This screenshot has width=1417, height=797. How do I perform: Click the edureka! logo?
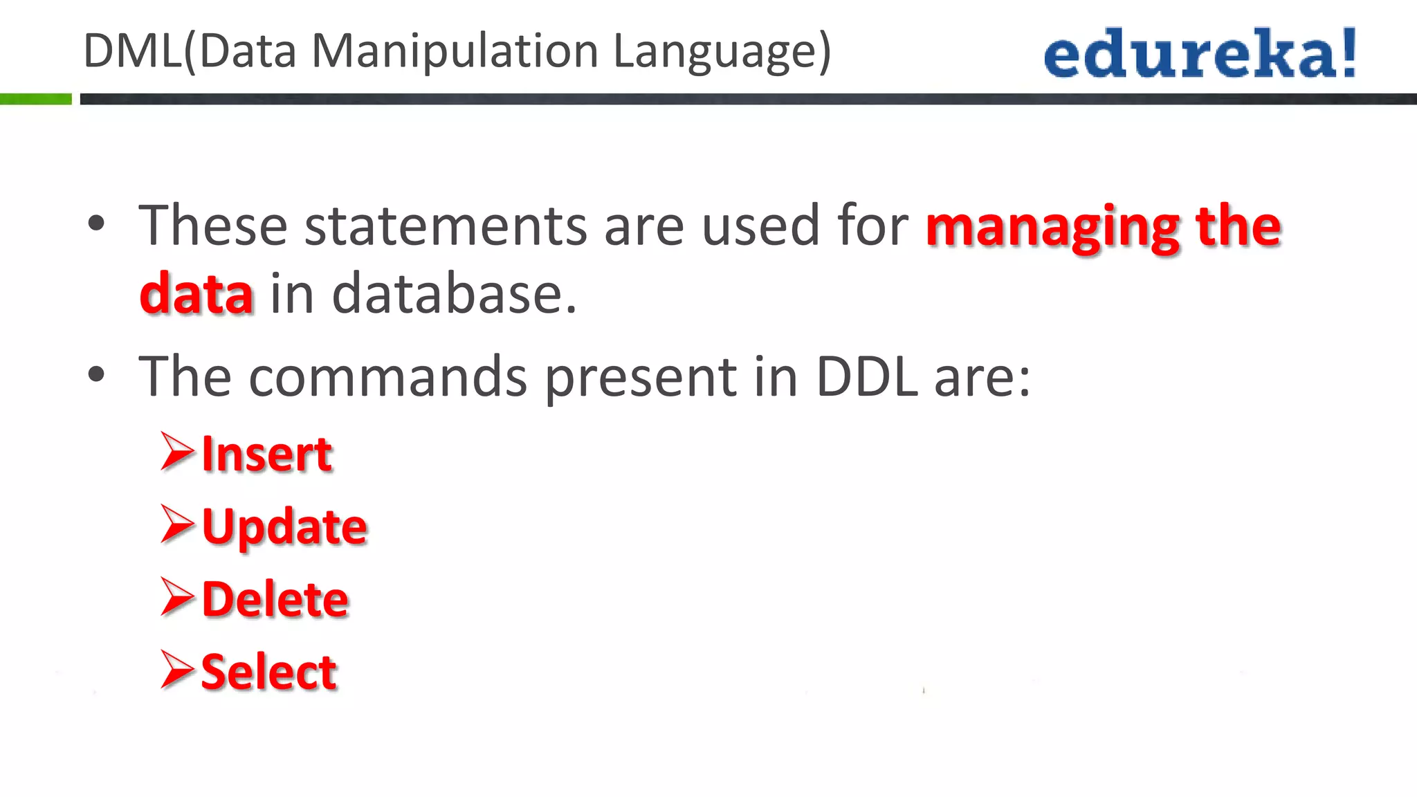pyautogui.click(x=1200, y=53)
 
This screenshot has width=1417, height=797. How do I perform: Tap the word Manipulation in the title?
pyautogui.click(x=455, y=51)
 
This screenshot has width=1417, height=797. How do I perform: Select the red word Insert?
pyautogui.click(x=267, y=455)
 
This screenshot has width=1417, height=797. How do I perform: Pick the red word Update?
pyautogui.click(x=284, y=528)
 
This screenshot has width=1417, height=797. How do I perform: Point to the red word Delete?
pyautogui.click(x=275, y=599)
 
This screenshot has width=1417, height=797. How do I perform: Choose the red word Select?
pyautogui.click(x=268, y=672)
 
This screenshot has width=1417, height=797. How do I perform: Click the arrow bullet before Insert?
pyautogui.click(x=177, y=452)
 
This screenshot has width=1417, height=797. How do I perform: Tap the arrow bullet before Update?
pyautogui.click(x=177, y=524)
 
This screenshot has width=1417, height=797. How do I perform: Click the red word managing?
pyautogui.click(x=1052, y=228)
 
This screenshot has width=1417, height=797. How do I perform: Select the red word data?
pyautogui.click(x=196, y=294)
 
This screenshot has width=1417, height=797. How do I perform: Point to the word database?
pyautogui.click(x=454, y=294)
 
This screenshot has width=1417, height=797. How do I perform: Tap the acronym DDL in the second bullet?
pyautogui.click(x=867, y=377)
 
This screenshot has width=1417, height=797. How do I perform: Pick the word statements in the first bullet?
pyautogui.click(x=446, y=226)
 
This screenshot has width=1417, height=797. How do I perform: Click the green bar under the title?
pyautogui.click(x=36, y=99)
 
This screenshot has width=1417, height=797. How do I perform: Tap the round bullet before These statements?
pyautogui.click(x=97, y=223)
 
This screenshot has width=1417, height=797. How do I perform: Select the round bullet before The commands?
pyautogui.click(x=97, y=375)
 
